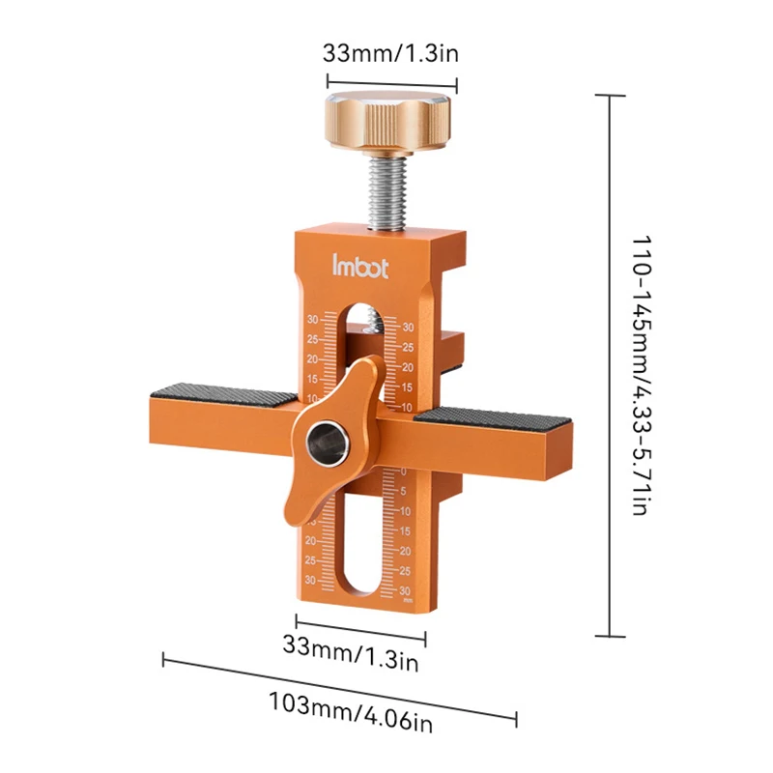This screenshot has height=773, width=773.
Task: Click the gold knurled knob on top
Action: pyautogui.click(x=387, y=122)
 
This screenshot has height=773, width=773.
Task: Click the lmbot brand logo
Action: pyautogui.click(x=359, y=267)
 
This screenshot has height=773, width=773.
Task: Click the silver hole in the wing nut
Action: pyautogui.click(x=328, y=444)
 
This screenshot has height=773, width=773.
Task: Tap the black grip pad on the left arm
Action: pyautogui.click(x=224, y=394)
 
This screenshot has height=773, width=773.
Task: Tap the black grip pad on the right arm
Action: pyautogui.click(x=493, y=418)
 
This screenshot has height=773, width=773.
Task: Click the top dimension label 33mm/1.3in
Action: pyautogui.click(x=390, y=53)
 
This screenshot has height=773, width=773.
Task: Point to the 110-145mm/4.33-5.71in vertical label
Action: pyautogui.click(x=643, y=376)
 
